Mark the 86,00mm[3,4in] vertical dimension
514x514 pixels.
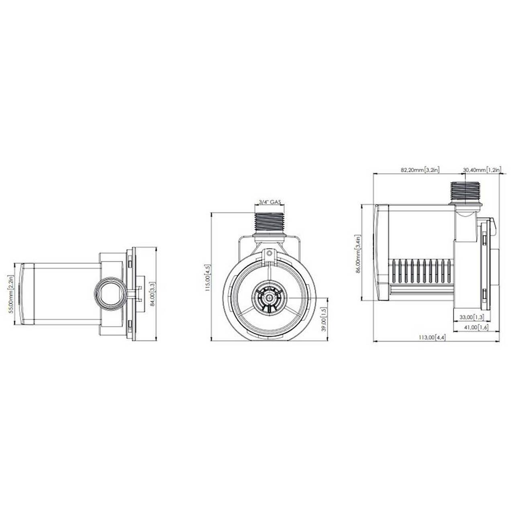click(x=358, y=253)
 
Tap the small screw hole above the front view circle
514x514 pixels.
click(x=269, y=252)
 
